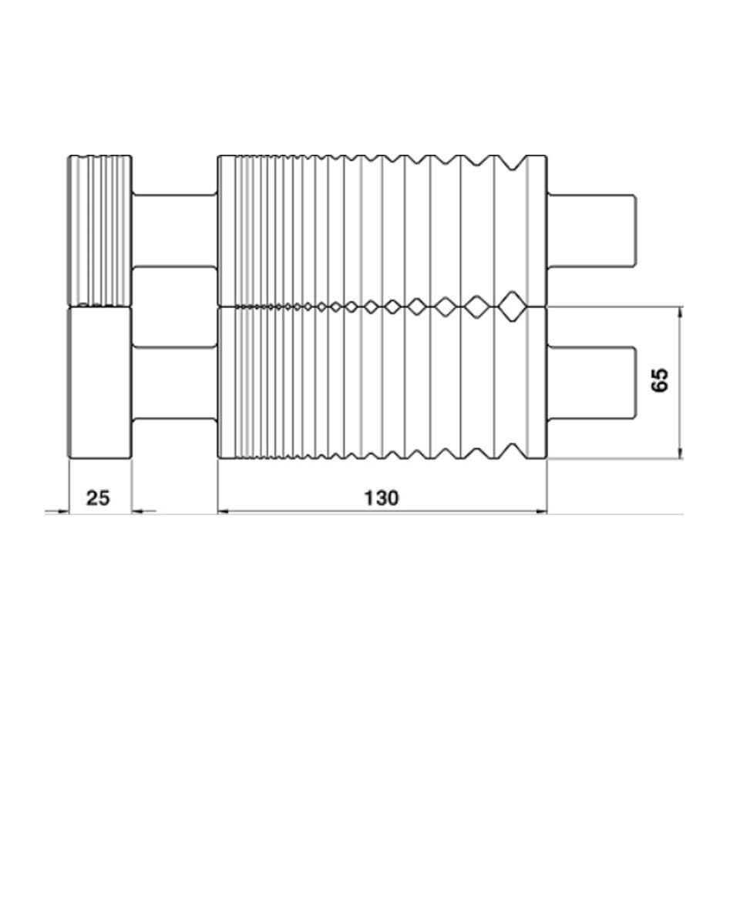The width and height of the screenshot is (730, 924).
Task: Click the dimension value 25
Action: coord(97,497)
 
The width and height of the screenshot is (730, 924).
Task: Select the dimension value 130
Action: coord(382,497)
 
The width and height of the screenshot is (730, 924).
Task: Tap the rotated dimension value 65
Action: coord(660,380)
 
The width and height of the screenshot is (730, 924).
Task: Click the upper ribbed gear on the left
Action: coord(100,230)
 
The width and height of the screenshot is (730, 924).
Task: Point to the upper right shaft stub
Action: coord(592,230)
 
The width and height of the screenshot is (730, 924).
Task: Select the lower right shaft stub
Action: coord(592,382)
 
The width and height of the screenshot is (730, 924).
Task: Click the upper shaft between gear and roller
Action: coord(176,230)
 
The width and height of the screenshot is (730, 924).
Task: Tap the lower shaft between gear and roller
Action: coord(176,382)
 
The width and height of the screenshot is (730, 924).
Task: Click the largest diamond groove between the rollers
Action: coord(510,306)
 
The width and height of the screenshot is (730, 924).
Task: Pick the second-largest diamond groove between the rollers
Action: coord(476,306)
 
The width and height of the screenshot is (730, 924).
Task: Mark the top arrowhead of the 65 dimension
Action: coord(680,312)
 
